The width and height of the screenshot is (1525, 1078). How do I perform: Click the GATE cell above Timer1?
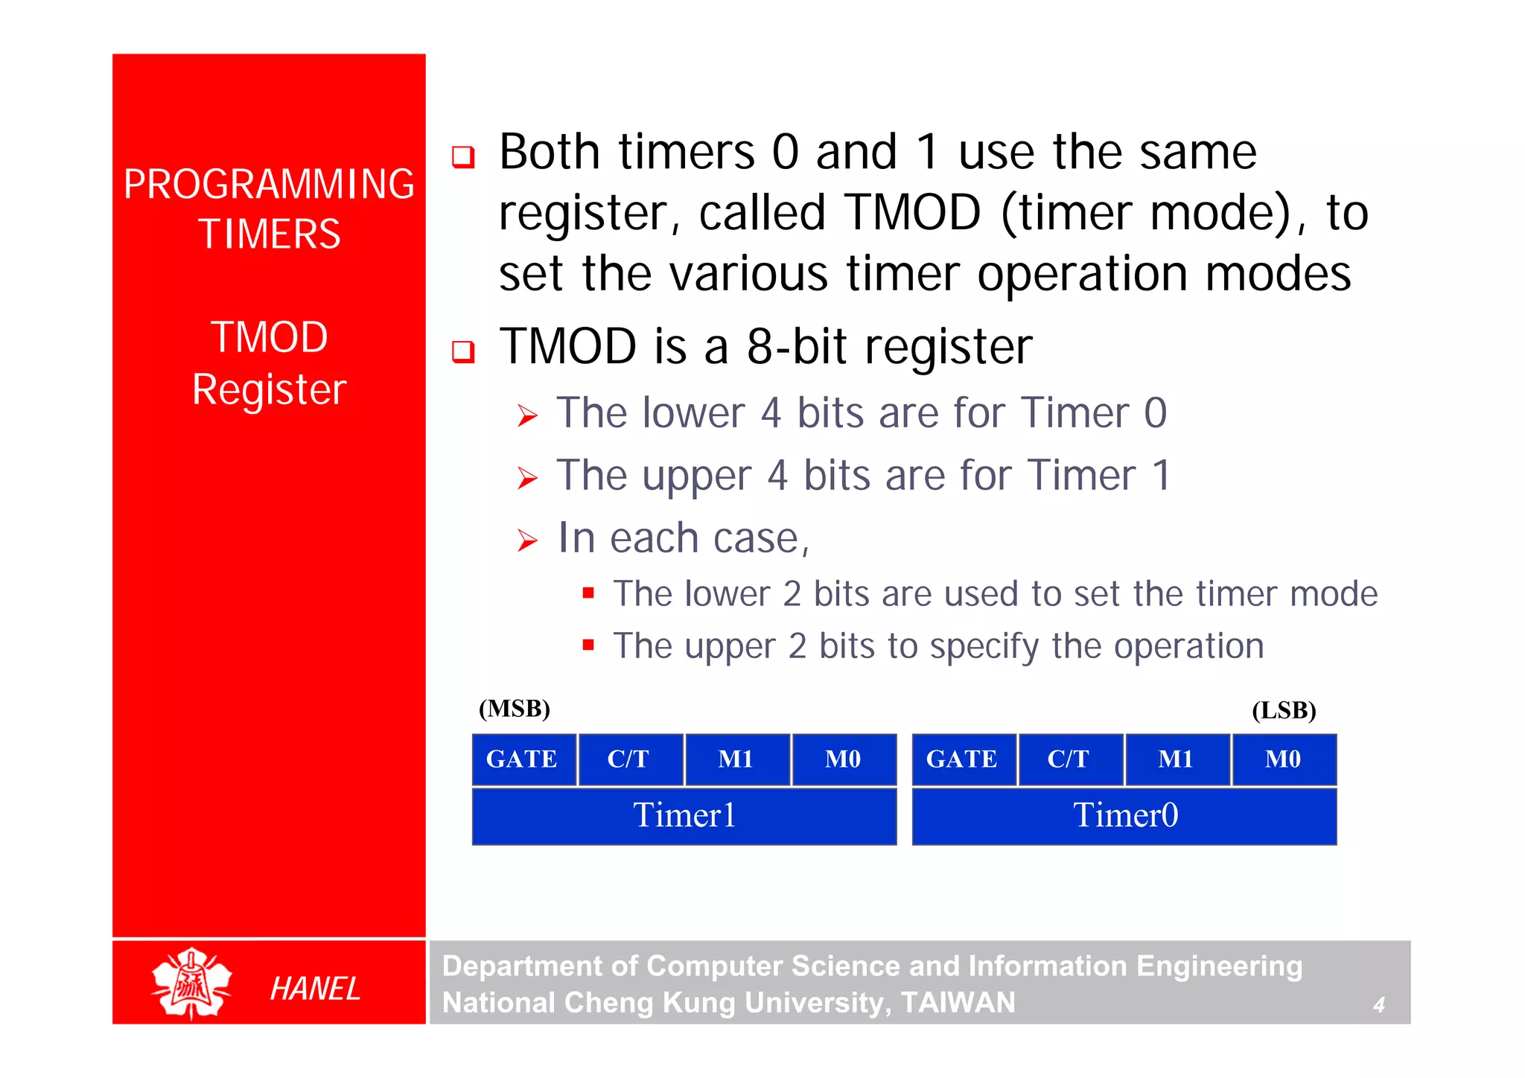tap(523, 759)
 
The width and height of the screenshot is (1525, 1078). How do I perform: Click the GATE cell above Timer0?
tap(962, 759)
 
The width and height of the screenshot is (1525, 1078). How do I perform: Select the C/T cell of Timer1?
tap(629, 759)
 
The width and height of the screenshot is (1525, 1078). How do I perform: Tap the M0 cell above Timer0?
tap(1283, 759)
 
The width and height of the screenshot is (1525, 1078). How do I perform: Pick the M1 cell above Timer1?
tap(736, 759)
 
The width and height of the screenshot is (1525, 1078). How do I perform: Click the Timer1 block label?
tap(684, 815)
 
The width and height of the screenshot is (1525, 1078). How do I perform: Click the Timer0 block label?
tap(1124, 815)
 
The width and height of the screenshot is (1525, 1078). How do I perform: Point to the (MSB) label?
tap(514, 708)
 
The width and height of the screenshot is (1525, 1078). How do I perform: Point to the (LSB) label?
tap(1284, 710)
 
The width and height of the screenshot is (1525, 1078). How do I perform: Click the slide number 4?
tap(1378, 1004)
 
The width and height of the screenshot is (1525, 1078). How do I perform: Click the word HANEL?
tap(315, 989)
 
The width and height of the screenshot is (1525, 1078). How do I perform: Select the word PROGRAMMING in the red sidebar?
tap(269, 184)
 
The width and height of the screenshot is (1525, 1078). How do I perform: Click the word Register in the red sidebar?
tap(269, 389)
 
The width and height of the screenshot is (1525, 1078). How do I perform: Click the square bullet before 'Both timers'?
tap(463, 156)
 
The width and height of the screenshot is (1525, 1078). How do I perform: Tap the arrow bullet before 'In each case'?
tap(527, 540)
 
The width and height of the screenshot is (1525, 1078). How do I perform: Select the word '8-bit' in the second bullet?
tap(796, 347)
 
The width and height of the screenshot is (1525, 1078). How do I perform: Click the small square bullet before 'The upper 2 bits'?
tap(588, 645)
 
